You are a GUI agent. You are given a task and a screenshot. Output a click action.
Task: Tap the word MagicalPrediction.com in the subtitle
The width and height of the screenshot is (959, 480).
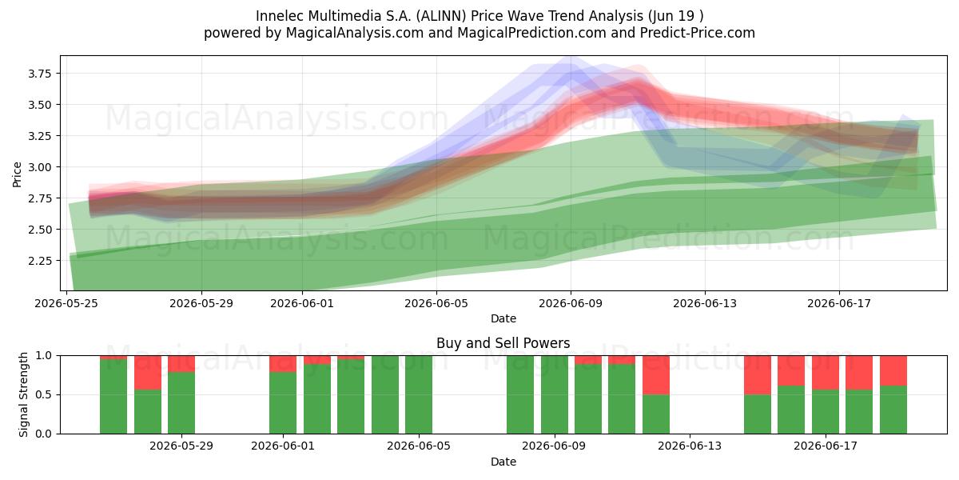point(531,33)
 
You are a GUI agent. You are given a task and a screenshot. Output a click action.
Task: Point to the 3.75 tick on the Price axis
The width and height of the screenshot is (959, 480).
point(39,74)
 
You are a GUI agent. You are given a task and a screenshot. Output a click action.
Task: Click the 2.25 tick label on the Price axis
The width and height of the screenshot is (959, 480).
point(39,261)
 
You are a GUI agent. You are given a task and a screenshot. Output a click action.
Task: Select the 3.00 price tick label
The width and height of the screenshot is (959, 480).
point(39,167)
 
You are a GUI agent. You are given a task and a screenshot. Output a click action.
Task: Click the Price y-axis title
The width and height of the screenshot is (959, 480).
point(17,174)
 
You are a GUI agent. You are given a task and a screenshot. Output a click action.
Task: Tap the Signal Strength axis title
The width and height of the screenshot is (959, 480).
point(23,394)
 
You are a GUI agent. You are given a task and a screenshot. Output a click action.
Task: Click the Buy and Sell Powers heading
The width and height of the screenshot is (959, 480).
point(503,343)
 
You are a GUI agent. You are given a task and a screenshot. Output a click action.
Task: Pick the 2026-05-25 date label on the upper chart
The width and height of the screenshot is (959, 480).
point(66,303)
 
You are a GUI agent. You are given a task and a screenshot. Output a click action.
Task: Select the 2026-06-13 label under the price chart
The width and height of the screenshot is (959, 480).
point(705,303)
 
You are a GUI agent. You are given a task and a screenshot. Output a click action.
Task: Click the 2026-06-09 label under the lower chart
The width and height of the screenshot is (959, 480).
point(554,446)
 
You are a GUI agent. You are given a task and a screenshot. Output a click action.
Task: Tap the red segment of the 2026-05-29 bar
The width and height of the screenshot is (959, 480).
point(181,364)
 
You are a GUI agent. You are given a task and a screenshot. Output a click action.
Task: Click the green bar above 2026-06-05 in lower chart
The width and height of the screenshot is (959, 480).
point(419,394)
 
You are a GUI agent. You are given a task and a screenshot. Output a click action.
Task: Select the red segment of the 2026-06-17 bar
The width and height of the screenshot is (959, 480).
point(825,373)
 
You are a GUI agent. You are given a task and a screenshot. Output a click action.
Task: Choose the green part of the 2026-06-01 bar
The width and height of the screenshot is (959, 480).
point(283,403)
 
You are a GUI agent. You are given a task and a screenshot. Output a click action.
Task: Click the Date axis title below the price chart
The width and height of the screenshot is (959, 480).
point(503,318)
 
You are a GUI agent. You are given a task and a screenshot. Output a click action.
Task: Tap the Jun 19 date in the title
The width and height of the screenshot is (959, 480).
point(671,16)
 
